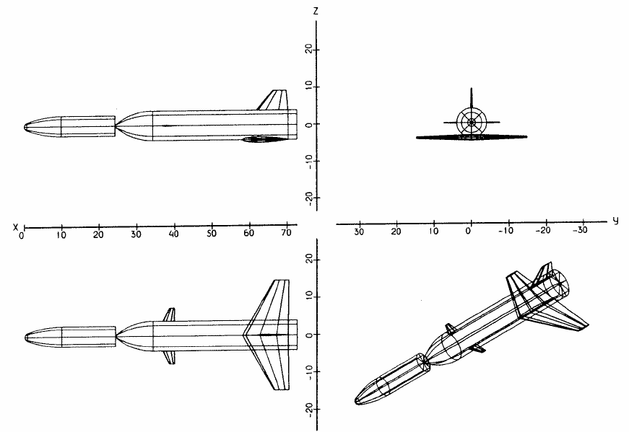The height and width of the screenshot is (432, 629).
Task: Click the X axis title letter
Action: tap(14, 227)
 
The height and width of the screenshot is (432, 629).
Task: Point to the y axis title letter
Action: tap(615, 221)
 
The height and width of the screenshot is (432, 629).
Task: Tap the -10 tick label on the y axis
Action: tap(507, 232)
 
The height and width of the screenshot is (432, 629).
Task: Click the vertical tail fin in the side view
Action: tap(274, 100)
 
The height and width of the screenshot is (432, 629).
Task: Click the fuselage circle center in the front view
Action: tap(471, 122)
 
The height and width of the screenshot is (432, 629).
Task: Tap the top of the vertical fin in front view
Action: tap(471, 89)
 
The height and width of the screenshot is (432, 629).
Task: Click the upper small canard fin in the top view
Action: tap(170, 314)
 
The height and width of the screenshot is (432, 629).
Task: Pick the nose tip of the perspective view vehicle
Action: tap(357, 401)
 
